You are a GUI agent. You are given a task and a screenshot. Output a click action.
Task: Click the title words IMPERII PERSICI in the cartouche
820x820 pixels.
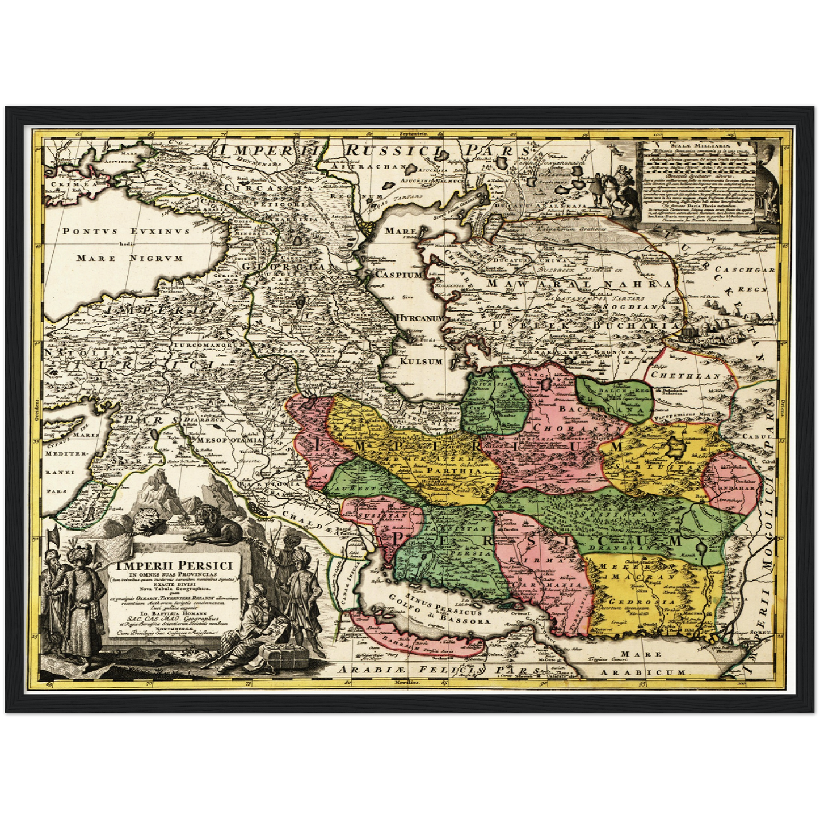(175, 566)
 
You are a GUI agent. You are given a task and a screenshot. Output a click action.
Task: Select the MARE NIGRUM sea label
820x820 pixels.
(129, 258)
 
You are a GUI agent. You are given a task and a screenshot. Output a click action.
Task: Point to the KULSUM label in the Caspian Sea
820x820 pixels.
(420, 361)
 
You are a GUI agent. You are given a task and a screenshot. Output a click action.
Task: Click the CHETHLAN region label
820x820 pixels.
(686, 376)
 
